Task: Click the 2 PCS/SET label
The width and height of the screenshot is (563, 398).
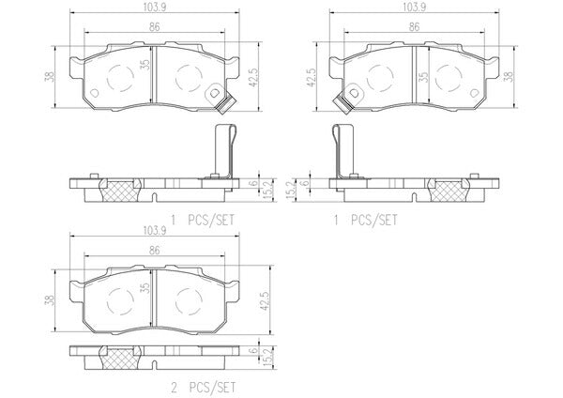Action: point(204,388)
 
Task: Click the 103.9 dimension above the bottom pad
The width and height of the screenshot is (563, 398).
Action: point(154,231)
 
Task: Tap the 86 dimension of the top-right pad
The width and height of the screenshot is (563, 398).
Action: point(414,27)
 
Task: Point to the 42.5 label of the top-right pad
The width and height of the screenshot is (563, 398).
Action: point(311,77)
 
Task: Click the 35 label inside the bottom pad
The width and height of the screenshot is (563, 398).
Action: point(145,287)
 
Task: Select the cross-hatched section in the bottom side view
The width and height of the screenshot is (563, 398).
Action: point(120,358)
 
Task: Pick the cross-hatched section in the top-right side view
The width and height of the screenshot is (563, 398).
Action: point(449,191)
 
